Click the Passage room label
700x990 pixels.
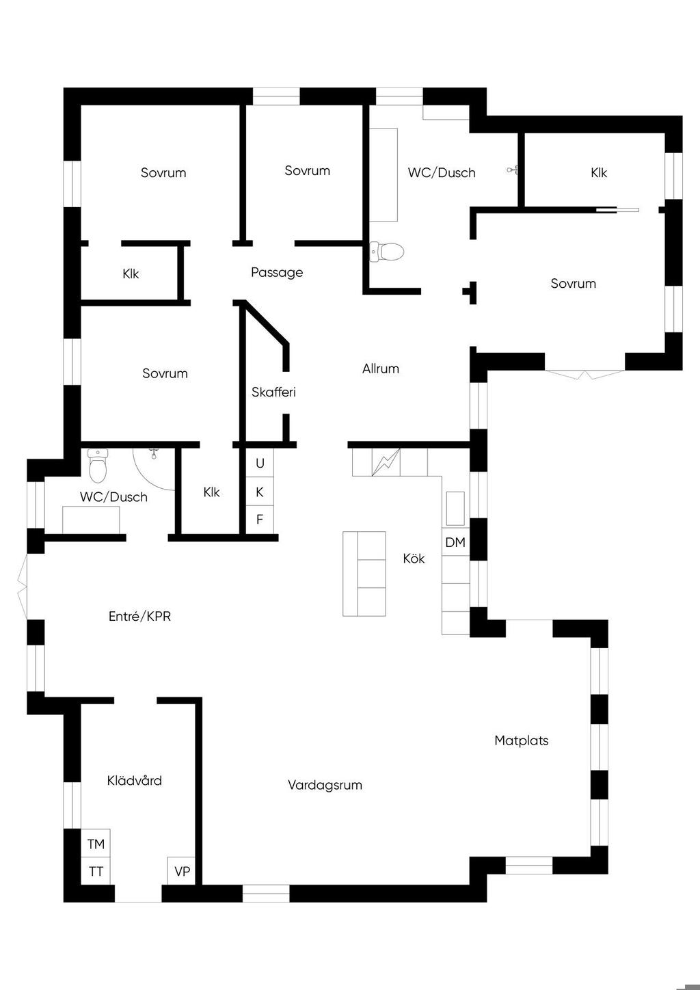[x=277, y=272]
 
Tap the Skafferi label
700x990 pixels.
[x=273, y=392]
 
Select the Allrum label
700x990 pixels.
[x=381, y=369]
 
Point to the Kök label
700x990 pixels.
[x=414, y=559]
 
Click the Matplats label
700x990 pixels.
[x=522, y=740]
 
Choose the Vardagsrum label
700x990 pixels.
[x=325, y=785]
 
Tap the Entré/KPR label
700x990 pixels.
[x=139, y=616]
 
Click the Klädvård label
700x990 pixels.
[x=134, y=780]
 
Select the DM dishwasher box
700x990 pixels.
[x=455, y=542]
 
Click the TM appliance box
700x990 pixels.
[x=96, y=844]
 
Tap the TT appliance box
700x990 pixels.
[x=96, y=871]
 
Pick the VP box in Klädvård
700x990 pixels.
[x=182, y=871]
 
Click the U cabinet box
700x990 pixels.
[x=260, y=463]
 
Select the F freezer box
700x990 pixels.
[x=260, y=519]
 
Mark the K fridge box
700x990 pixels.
[x=260, y=492]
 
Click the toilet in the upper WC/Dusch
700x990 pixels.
[x=387, y=252]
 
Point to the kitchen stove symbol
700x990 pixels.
[x=385, y=462]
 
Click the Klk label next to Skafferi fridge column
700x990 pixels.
[x=212, y=492]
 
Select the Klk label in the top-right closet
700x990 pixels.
[x=599, y=172]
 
